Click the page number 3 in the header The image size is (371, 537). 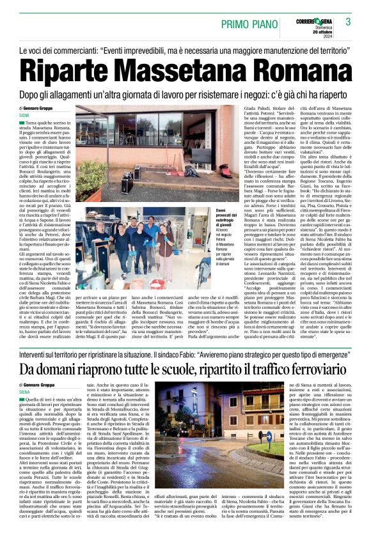[349, 22]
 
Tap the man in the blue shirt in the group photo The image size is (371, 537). [152, 237]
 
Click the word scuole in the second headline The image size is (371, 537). [176, 369]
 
